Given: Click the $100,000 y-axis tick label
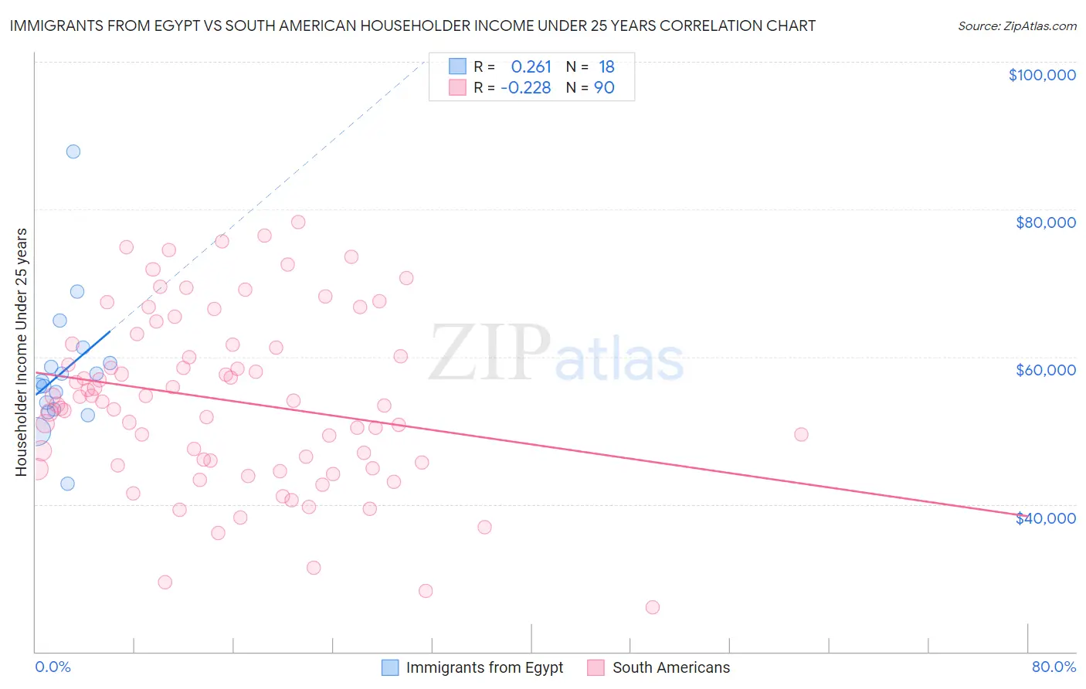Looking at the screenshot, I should tap(1041, 75).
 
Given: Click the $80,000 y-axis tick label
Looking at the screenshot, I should tap(1045, 222).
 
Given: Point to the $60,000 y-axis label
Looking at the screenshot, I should tap(1045, 370).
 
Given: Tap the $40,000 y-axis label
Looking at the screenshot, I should tap(1045, 518).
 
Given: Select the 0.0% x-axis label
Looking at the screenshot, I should tap(53, 667).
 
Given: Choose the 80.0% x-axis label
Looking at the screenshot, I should tap(1053, 667).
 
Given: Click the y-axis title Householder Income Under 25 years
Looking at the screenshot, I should tap(21, 351).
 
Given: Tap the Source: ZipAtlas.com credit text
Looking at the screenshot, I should tap(1016, 25).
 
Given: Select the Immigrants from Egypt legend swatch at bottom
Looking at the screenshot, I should tap(391, 667).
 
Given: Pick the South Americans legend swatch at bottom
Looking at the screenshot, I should tap(596, 667).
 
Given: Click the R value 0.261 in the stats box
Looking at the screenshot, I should tap(531, 66).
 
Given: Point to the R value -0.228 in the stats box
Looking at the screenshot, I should tap(525, 87).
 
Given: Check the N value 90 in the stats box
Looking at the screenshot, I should tap(604, 87).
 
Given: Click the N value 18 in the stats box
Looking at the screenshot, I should tap(606, 66).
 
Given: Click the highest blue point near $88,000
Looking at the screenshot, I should tap(73, 151).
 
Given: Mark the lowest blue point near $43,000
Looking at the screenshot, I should tap(67, 484).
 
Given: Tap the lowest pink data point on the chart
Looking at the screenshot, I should tap(653, 607).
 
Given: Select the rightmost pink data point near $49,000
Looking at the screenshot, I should tap(801, 434).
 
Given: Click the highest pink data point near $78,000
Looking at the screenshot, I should tap(298, 222).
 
